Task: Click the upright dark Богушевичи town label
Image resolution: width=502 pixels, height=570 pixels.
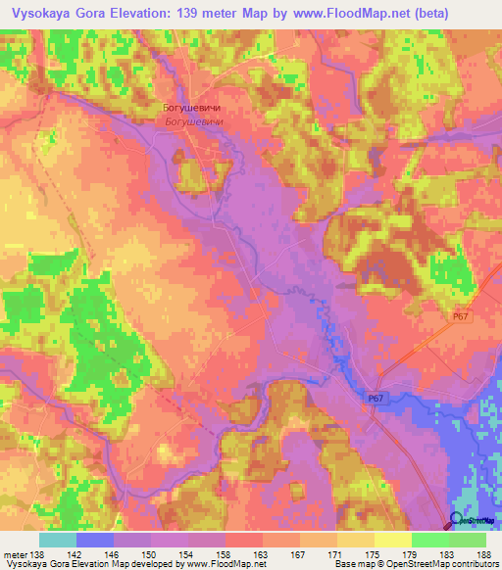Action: (x=190, y=109)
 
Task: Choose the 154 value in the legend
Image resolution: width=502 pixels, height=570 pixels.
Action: (x=189, y=553)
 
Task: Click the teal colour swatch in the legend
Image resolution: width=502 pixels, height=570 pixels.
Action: (x=58, y=540)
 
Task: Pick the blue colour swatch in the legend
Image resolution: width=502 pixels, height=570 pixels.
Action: (x=95, y=540)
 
